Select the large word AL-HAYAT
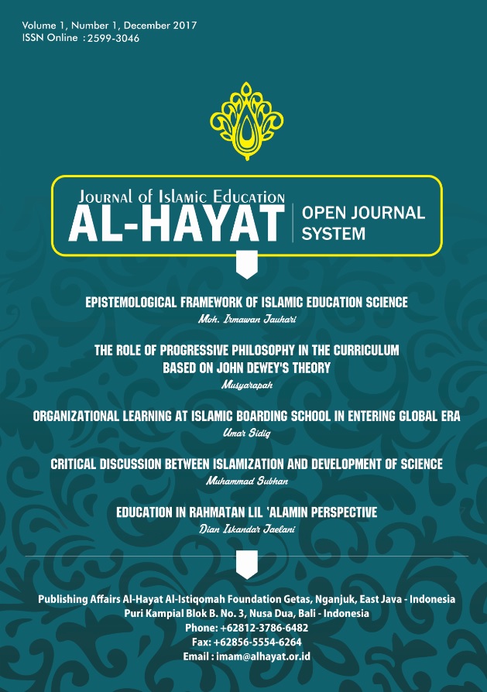[176, 221]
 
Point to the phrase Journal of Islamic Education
[177, 197]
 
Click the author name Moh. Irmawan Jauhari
[243, 318]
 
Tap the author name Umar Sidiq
[245, 431]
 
